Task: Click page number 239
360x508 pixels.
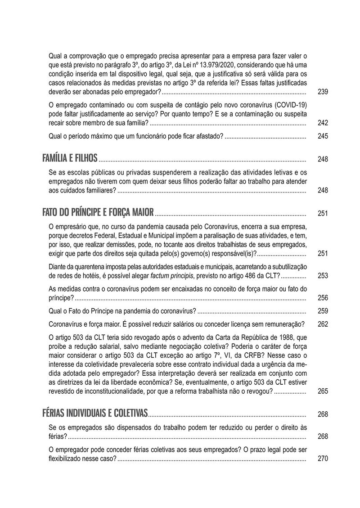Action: pyautogui.click(x=323, y=92)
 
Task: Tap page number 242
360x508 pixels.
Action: pyautogui.click(x=323, y=123)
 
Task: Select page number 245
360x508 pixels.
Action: pyautogui.click(x=323, y=136)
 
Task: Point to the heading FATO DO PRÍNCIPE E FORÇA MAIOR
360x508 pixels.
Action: pyautogui.click(x=98, y=212)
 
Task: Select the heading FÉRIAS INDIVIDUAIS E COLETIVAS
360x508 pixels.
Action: pyautogui.click(x=95, y=413)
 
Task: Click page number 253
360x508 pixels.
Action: pyautogui.click(x=323, y=276)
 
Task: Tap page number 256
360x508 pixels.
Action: pyautogui.click(x=323, y=298)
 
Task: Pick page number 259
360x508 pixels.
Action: pyautogui.click(x=323, y=311)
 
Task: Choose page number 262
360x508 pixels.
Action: pyautogui.click(x=323, y=324)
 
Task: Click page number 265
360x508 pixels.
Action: pyautogui.click(x=323, y=391)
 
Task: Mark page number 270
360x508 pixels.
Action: pyautogui.click(x=323, y=459)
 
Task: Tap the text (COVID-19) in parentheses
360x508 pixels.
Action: pyautogui.click(x=290, y=104)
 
